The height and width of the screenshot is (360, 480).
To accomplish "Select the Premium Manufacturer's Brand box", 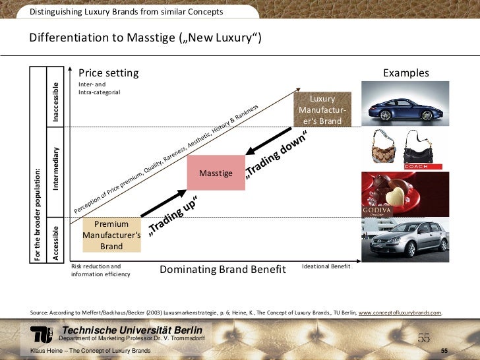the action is [111, 235].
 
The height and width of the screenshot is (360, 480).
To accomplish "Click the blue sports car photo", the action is [405, 103].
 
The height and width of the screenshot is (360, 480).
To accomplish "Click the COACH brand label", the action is [416, 167].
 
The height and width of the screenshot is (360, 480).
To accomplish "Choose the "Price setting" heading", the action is [108, 73].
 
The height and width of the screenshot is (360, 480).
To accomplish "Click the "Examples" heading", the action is [405, 73].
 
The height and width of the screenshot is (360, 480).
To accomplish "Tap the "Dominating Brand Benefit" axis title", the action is [223, 269].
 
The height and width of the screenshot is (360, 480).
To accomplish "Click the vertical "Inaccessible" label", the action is [57, 102].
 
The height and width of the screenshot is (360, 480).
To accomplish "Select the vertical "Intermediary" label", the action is [57, 169].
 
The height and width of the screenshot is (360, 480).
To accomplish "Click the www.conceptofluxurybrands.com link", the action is [400, 313].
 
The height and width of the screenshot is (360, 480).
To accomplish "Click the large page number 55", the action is [423, 338].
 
